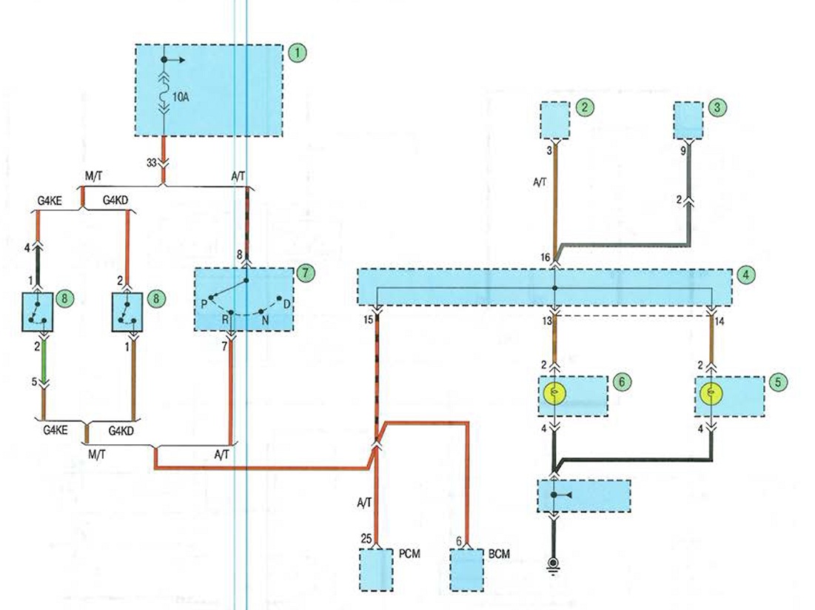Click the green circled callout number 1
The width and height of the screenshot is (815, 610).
pos(297,53)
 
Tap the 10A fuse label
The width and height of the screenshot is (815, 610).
pos(180,97)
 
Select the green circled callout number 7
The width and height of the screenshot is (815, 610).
pos(306,272)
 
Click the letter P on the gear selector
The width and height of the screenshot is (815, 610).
pos(204,304)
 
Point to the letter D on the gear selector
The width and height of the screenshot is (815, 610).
pos(286,304)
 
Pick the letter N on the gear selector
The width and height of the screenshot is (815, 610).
pos(265,320)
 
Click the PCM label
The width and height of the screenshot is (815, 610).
pos(409,554)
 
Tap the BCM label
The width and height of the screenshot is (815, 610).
pos(500,554)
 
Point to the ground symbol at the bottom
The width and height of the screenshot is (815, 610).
pos(553,564)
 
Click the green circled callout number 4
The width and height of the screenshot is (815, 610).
pos(746,274)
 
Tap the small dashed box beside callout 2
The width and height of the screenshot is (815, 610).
pos(555,121)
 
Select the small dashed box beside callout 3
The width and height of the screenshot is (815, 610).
pos(688,121)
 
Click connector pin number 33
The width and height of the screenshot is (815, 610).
pos(151,163)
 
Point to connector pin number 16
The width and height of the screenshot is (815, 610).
pos(545,258)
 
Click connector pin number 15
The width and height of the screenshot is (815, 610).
pos(368,320)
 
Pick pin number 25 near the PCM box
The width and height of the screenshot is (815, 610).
pos(366,540)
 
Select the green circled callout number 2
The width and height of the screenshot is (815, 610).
pos(586,107)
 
